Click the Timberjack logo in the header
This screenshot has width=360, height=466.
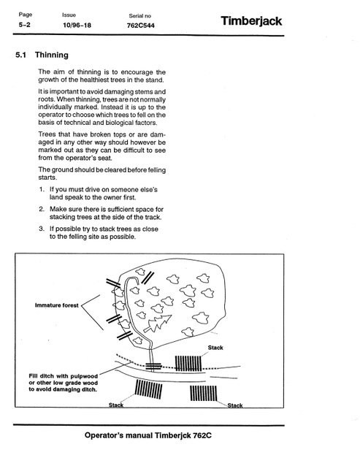click(251, 21)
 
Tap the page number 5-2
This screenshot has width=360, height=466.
click(25, 25)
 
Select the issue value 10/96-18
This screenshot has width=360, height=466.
click(77, 26)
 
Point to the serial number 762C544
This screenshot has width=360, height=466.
click(140, 26)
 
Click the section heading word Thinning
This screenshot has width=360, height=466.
click(52, 55)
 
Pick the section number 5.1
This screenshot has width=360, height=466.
click(20, 55)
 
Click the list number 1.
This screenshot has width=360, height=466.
click(42, 189)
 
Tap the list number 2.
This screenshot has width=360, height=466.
click(42, 209)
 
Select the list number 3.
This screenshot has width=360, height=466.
click(42, 229)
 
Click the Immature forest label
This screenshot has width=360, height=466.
click(57, 305)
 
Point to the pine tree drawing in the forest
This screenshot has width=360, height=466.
click(158, 324)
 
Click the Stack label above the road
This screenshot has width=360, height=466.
click(215, 348)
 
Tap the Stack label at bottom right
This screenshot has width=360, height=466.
click(235, 405)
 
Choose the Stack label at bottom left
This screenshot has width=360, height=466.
click(116, 405)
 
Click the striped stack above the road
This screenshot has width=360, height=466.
click(188, 363)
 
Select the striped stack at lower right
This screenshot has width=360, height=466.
click(204, 393)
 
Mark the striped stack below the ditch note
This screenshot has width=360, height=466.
click(148, 389)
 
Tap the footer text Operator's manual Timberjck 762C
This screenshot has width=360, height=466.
click(148, 435)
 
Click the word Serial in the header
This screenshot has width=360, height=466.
click(136, 16)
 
